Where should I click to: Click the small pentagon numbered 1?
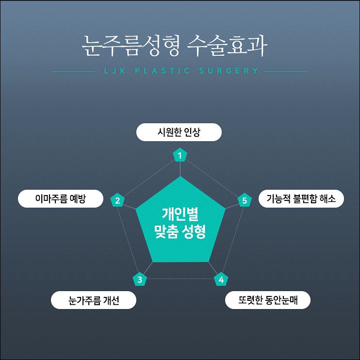(x=180, y=155)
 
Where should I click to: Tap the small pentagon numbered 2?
(x=117, y=200)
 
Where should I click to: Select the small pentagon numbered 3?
(x=140, y=279)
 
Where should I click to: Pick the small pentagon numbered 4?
(x=221, y=279)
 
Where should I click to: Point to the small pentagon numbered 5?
(x=245, y=200)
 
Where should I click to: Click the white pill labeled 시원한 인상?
(x=179, y=132)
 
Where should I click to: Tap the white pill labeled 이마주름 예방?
(x=61, y=198)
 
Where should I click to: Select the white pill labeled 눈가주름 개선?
(x=94, y=300)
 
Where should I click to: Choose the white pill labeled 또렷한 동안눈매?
(x=268, y=300)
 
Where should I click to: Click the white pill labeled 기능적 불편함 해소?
(x=301, y=198)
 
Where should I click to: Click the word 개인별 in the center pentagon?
(x=180, y=214)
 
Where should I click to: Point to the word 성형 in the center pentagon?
(x=194, y=232)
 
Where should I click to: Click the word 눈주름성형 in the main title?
(x=131, y=46)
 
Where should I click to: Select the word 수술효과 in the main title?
(x=227, y=46)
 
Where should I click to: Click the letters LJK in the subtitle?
(x=115, y=71)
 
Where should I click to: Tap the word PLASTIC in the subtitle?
(x=163, y=71)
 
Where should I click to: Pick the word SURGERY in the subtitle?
(x=229, y=71)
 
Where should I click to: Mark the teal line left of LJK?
(x=73, y=71)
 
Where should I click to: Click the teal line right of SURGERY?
(x=285, y=71)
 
